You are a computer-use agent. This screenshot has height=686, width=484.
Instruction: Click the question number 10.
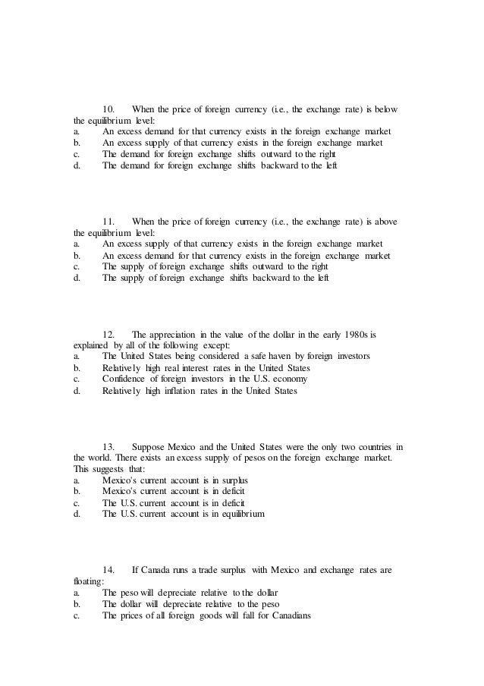109,110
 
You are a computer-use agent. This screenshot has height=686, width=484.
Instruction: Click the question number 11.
109,221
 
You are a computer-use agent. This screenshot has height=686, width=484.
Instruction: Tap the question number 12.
109,334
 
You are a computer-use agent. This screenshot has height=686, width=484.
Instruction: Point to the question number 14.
109,569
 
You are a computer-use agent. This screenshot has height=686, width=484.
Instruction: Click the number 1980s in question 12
350,334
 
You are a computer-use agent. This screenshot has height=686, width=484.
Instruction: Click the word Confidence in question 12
127,379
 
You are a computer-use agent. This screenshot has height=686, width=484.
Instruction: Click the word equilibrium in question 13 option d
241,514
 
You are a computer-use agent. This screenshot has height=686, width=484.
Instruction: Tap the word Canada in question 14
156,569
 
